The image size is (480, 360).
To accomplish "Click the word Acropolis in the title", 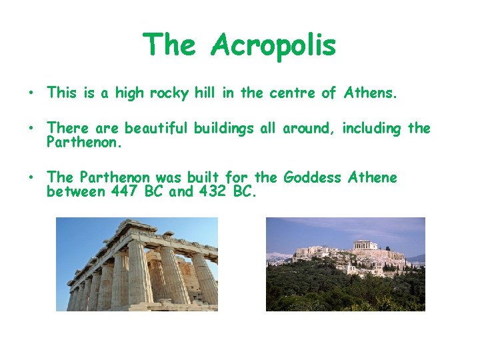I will [x=274, y=45].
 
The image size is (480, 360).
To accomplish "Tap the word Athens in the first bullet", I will [x=370, y=93].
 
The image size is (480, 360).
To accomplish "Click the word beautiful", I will [x=157, y=128].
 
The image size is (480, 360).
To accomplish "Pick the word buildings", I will [x=224, y=128].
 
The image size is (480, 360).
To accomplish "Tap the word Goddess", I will [x=311, y=178].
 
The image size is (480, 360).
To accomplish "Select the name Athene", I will [x=371, y=177].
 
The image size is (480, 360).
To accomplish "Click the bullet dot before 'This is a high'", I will [x=31, y=93].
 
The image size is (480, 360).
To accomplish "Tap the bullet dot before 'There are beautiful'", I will [x=31, y=128].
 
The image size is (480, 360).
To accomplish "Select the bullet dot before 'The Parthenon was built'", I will [x=31, y=177].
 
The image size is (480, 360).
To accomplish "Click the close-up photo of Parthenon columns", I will [x=136, y=264].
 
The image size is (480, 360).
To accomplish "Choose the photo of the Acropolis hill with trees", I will [x=345, y=264].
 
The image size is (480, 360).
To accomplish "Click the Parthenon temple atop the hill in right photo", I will [x=365, y=245].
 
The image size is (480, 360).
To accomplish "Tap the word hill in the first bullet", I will [x=206, y=93].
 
